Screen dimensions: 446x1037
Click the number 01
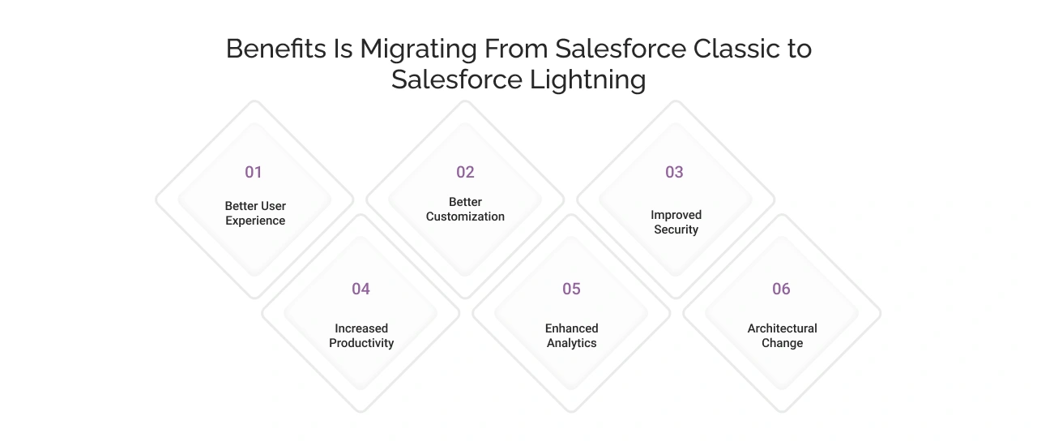pos(254,172)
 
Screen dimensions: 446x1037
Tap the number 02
pos(465,172)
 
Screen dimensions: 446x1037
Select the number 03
pos(674,172)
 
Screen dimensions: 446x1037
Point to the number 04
pos(361,289)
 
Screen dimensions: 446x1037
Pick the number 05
pos(571,289)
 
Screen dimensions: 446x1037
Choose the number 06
pos(781,289)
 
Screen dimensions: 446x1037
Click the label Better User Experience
pos(255,213)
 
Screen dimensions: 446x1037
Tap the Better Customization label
pos(465,209)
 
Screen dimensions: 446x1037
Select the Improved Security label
pos(676,222)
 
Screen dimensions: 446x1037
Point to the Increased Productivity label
pos(361,336)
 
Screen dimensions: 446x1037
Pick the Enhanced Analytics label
pos(571,336)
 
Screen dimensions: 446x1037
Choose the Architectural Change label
pos(782,336)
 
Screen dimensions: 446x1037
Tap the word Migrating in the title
pos(418,49)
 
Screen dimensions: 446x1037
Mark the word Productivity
pos(361,343)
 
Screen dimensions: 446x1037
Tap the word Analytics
pos(571,343)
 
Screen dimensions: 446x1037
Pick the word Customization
pos(465,217)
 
